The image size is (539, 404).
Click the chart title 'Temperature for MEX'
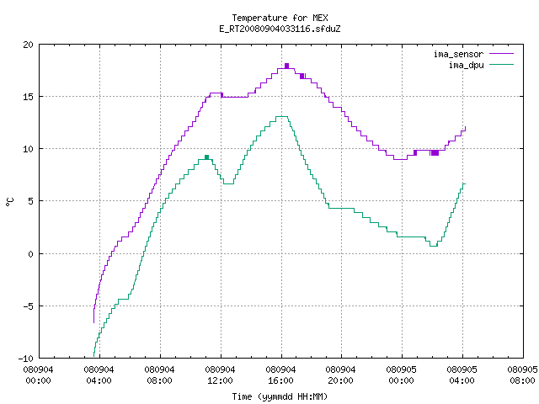point(280,18)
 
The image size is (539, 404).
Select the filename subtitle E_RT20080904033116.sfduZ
point(280,29)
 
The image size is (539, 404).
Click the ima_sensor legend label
point(458,54)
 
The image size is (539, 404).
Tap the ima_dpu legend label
point(466,65)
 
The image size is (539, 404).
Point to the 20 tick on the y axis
point(29,45)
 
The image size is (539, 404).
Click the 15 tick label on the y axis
point(29,97)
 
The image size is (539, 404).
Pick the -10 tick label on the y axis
point(26,359)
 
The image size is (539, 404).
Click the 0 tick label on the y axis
point(31,254)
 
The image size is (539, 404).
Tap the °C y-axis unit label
point(10,202)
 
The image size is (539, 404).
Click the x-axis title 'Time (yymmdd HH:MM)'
point(280,396)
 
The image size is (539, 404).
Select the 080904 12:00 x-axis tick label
point(220,375)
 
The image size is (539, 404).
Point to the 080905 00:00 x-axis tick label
point(402,375)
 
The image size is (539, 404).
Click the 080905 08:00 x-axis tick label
point(522,375)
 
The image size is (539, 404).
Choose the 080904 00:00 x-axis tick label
point(39,375)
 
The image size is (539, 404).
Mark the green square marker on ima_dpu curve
point(206,157)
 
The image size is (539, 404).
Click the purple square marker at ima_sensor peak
point(286,66)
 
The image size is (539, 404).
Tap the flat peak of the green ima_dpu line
point(282,116)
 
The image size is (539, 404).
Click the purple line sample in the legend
point(502,54)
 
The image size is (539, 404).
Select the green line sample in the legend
point(502,65)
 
